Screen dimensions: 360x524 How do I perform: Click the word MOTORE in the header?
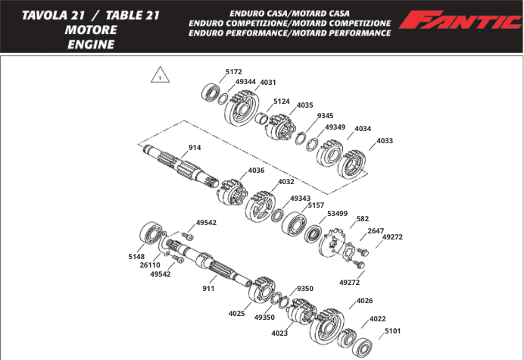click(x=90, y=30)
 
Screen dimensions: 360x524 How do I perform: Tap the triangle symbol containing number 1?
click(x=160, y=77)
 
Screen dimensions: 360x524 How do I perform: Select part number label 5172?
click(x=234, y=72)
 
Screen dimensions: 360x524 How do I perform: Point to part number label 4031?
click(x=268, y=82)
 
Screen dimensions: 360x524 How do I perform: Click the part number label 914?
click(x=195, y=148)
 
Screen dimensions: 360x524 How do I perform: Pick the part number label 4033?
click(x=385, y=140)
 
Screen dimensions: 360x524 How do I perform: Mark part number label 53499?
click(x=337, y=214)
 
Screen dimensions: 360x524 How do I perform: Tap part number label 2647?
click(x=376, y=230)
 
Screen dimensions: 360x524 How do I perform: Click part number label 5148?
click(x=136, y=256)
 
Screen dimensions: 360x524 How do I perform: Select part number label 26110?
click(x=149, y=265)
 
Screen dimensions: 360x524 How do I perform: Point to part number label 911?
click(x=209, y=289)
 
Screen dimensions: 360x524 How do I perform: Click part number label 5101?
click(x=393, y=330)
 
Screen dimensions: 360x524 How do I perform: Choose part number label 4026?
click(x=364, y=301)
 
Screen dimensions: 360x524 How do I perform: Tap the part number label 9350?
click(x=304, y=289)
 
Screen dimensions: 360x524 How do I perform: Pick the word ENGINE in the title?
click(x=90, y=44)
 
